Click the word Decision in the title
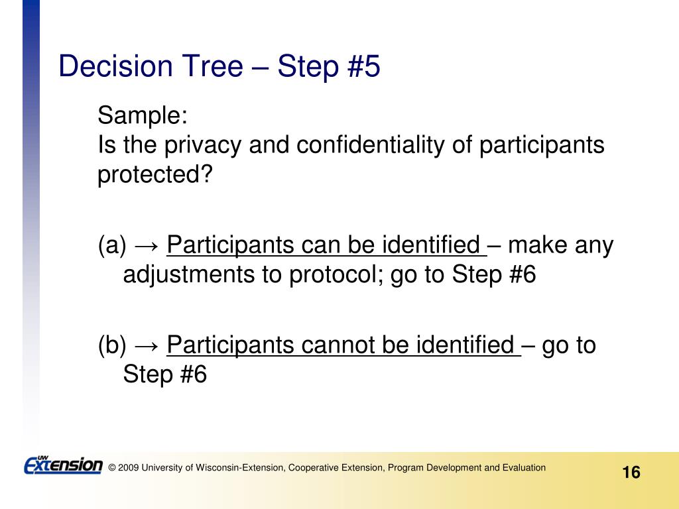click(115, 66)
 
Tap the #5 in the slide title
click(363, 66)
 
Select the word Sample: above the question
click(143, 115)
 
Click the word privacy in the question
click(202, 145)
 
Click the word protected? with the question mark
click(155, 175)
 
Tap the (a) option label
click(112, 245)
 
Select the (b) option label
click(112, 345)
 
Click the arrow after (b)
click(147, 347)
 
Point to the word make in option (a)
click(537, 245)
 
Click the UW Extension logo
click(63, 465)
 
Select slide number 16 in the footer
click(631, 472)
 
